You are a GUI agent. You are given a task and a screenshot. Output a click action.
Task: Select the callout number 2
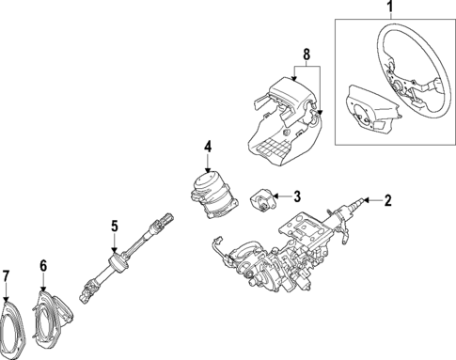386,199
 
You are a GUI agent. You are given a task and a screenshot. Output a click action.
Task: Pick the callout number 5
114,226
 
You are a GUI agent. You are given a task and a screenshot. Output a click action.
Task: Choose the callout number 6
42,266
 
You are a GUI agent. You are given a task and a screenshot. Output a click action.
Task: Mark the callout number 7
7,275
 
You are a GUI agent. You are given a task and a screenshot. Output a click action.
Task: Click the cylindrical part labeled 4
212,193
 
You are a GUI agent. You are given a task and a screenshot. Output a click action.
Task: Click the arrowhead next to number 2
369,200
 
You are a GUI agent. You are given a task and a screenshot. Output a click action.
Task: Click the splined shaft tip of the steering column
357,202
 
